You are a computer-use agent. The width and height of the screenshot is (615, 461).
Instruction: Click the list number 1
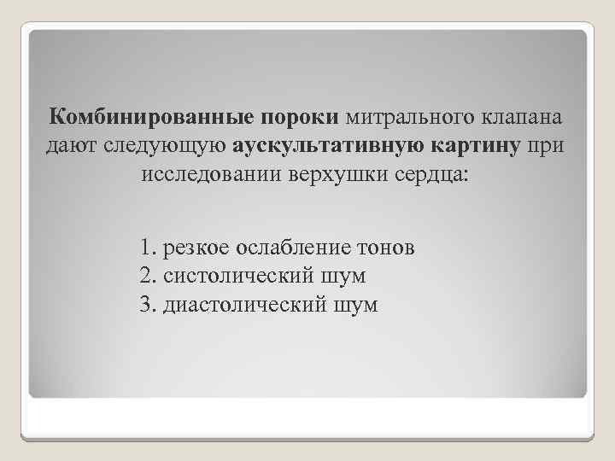(146, 248)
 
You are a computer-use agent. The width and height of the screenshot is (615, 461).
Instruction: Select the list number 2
(146, 277)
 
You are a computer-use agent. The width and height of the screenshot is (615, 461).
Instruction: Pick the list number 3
(146, 305)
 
